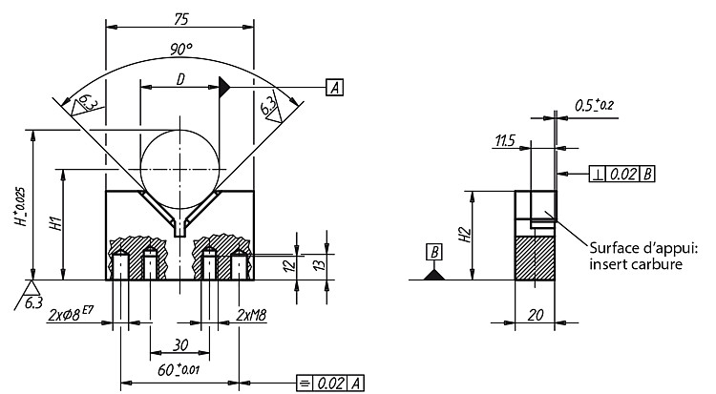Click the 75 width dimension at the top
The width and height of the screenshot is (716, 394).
click(180, 19)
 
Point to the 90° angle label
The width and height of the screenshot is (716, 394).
click(181, 49)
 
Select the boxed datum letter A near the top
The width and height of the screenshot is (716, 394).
click(335, 87)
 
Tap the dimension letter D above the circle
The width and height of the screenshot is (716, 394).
click(180, 80)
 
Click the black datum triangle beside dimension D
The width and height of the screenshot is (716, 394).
click(224, 87)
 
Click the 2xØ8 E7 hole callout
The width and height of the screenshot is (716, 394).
click(71, 315)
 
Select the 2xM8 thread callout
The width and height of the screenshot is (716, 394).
click(251, 315)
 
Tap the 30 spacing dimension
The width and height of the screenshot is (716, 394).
click(180, 345)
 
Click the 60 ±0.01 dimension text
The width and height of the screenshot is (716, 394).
click(179, 369)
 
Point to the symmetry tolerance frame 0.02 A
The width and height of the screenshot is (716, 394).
click(330, 384)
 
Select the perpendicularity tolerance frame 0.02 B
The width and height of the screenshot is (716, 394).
click(621, 174)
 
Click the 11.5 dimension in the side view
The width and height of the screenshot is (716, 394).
click(505, 140)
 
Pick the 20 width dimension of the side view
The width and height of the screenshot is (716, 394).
click(536, 315)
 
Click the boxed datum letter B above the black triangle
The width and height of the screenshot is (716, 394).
click(434, 252)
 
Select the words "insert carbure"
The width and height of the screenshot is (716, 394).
click(636, 264)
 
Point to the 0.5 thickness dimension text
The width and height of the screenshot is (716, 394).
click(594, 106)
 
